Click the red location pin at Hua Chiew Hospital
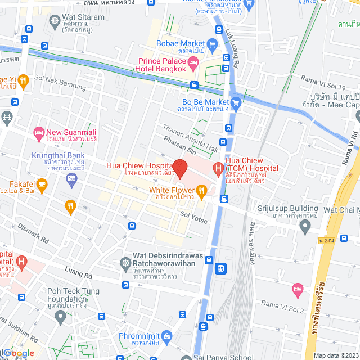click(x=179, y=168)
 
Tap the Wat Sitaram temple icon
click(x=55, y=22)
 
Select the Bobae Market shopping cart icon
click(x=212, y=44)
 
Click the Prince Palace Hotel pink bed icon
click(x=193, y=61)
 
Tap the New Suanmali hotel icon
click(x=39, y=133)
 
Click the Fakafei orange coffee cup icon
click(x=42, y=184)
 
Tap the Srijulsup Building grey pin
click(x=305, y=227)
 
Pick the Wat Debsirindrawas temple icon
click(x=125, y=263)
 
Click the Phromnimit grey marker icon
click(x=167, y=337)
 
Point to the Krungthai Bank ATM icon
click(x=71, y=179)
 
